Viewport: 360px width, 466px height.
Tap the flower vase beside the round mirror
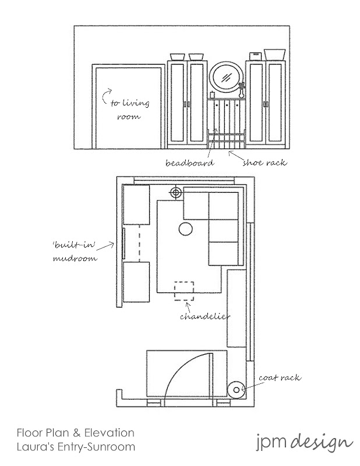point(242,90)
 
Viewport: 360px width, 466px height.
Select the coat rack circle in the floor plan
point(235,389)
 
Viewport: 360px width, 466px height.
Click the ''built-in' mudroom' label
point(73,250)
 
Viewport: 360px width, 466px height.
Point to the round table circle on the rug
point(185,229)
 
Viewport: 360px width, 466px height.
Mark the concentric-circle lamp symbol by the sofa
point(175,192)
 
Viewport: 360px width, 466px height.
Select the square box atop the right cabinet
point(255,56)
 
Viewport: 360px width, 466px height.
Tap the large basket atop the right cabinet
point(274,54)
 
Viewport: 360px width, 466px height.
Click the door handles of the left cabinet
point(186,104)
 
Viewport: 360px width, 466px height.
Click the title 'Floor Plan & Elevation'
point(76,433)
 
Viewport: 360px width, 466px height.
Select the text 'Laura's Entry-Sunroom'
point(76,447)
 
